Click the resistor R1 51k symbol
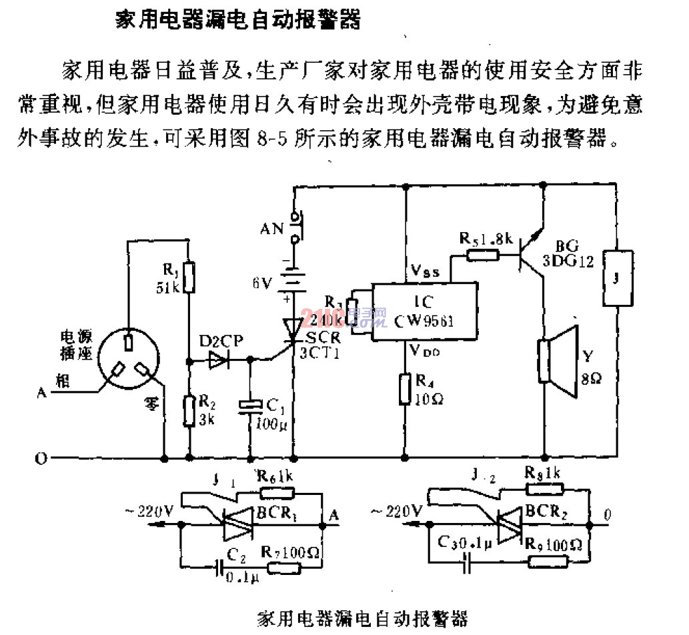(189, 277)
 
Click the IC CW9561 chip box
(424, 311)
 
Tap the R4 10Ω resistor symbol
(405, 390)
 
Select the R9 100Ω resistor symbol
(547, 561)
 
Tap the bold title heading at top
(239, 20)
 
